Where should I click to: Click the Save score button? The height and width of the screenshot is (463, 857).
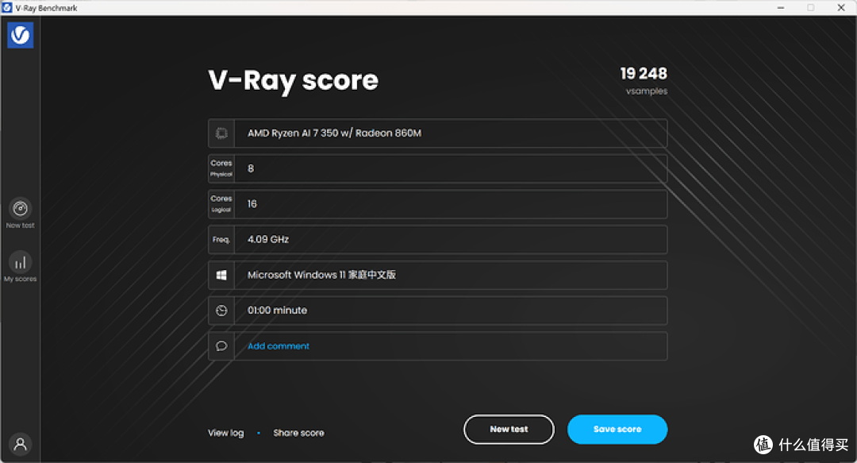tap(617, 429)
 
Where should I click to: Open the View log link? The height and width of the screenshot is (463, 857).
tap(225, 433)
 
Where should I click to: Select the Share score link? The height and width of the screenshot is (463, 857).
tap(298, 433)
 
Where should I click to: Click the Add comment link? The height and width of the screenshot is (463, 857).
tap(279, 346)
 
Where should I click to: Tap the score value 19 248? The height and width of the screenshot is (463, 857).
tap(644, 73)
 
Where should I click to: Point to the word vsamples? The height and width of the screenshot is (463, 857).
tap(647, 91)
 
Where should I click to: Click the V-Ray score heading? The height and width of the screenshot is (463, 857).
tap(293, 80)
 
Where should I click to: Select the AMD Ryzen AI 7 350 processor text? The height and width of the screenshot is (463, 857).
tap(334, 133)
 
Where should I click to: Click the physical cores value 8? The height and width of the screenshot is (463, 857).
tap(250, 168)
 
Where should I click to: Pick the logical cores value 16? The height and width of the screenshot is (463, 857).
tap(252, 204)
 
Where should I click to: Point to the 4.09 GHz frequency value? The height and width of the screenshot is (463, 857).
tap(268, 239)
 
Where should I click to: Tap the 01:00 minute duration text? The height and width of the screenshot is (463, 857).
tap(277, 311)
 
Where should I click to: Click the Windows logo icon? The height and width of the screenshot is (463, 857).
tap(221, 275)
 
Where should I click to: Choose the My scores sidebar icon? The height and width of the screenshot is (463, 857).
tap(20, 263)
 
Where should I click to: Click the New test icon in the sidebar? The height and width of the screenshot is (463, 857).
tap(20, 209)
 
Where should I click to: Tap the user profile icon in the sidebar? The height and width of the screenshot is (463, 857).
tap(20, 444)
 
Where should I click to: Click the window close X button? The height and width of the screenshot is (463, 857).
tap(841, 8)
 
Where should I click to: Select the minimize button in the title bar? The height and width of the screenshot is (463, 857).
tap(781, 8)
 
